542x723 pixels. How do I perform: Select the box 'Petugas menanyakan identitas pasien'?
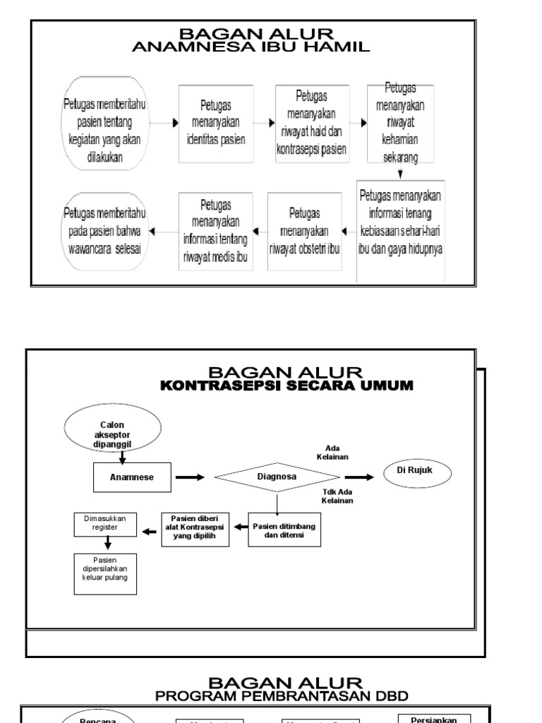pyautogui.click(x=215, y=123)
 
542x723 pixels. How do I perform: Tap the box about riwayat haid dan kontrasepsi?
pyautogui.click(x=311, y=123)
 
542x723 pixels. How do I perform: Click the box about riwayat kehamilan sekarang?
pyautogui.click(x=400, y=123)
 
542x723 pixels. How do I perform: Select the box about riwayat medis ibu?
pyautogui.click(x=215, y=230)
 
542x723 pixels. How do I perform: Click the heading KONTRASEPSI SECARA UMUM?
pyautogui.click(x=286, y=386)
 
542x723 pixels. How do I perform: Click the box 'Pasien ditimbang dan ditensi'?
pyautogui.click(x=283, y=530)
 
